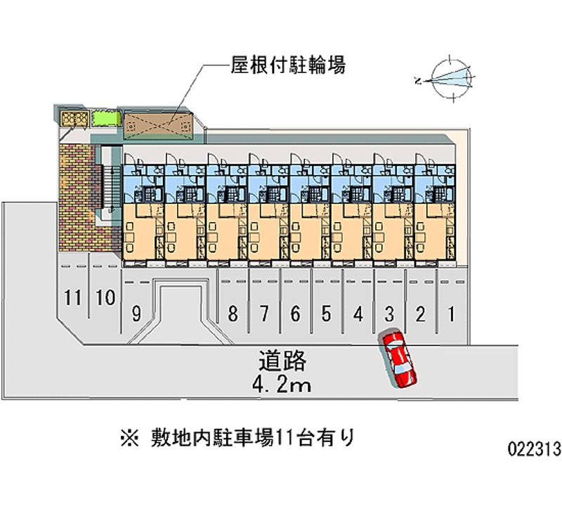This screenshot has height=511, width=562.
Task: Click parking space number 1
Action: point(451,314)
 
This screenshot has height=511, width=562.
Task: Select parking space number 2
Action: point(420,314)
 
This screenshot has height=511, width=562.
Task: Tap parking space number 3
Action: point(388,314)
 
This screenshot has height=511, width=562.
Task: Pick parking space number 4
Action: point(358,314)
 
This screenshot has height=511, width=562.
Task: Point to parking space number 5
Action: point(326,314)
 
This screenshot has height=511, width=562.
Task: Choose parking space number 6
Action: point(295,314)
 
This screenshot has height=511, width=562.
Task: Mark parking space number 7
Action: point(264,314)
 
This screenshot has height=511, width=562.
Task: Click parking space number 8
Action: point(233,314)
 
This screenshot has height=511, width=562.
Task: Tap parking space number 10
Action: point(105,297)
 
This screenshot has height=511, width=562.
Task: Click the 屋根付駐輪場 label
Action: point(287,66)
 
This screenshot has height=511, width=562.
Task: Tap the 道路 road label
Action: point(282,361)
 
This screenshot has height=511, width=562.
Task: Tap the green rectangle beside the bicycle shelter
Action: point(104,117)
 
